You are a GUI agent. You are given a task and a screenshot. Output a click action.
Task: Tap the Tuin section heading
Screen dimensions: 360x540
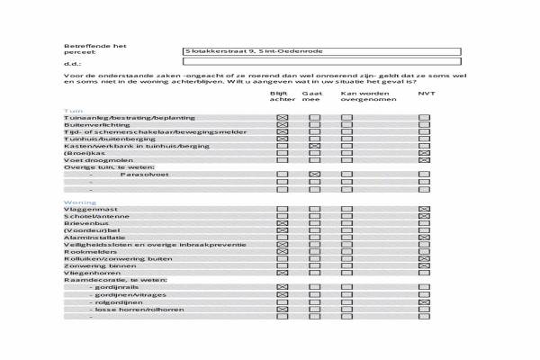tap(72, 110)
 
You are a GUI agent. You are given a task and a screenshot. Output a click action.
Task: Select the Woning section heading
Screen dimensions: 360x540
tap(79, 202)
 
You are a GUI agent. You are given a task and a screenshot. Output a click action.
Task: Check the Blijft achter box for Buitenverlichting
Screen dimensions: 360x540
tap(282, 125)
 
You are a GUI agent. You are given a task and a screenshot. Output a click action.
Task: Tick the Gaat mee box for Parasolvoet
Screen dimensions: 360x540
tap(314, 174)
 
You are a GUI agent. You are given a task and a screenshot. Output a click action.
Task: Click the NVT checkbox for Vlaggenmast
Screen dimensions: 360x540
tap(424, 210)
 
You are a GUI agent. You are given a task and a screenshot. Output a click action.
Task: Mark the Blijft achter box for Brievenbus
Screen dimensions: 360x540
tap(282, 224)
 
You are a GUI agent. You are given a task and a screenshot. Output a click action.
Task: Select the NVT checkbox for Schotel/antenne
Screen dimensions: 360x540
tap(424, 217)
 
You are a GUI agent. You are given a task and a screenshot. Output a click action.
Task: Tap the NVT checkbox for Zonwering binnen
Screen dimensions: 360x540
tap(424, 266)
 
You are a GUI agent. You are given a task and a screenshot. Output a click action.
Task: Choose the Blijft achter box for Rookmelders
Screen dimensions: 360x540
tap(282, 252)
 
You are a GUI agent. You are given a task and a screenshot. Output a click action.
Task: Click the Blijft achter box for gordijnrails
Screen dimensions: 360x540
tap(282, 287)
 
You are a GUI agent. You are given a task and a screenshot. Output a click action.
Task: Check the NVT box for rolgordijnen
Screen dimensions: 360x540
tap(424, 301)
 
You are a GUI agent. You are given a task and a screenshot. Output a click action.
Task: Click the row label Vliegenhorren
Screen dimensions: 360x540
tap(92, 273)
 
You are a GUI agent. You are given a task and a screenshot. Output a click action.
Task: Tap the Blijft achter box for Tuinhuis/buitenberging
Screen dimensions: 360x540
tap(282, 139)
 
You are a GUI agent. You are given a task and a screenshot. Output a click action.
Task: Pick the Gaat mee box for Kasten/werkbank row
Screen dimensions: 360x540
tap(314, 146)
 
